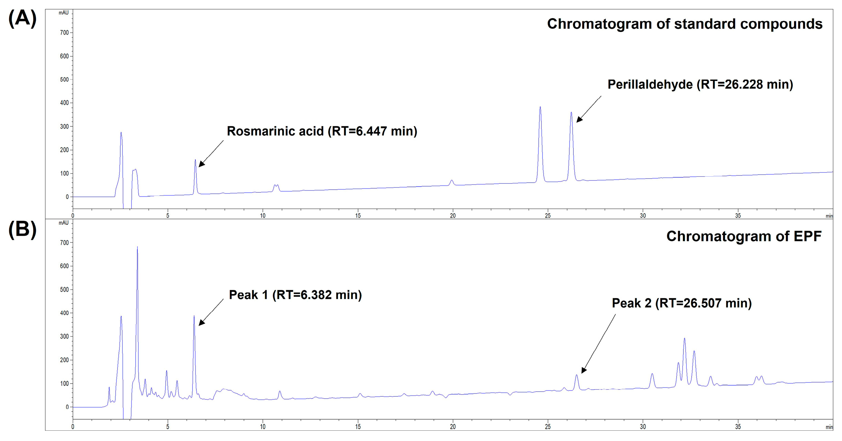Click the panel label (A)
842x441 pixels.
22,19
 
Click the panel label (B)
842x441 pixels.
22,229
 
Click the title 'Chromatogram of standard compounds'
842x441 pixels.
684,24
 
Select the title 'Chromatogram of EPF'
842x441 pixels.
744,236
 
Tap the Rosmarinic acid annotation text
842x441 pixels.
322,131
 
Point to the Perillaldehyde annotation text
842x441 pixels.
700,85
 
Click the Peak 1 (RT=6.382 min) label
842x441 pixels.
295,295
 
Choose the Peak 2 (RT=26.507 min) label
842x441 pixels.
682,303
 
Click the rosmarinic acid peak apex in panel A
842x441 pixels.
195,160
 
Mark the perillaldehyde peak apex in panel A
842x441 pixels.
571,112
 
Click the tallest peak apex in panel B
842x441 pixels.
137,247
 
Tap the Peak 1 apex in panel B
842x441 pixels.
194,316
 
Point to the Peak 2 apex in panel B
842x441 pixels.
577,375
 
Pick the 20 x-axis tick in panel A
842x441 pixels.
453,216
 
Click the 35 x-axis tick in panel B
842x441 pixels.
738,427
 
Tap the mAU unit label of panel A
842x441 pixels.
63,13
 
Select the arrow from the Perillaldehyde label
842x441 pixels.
588,109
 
